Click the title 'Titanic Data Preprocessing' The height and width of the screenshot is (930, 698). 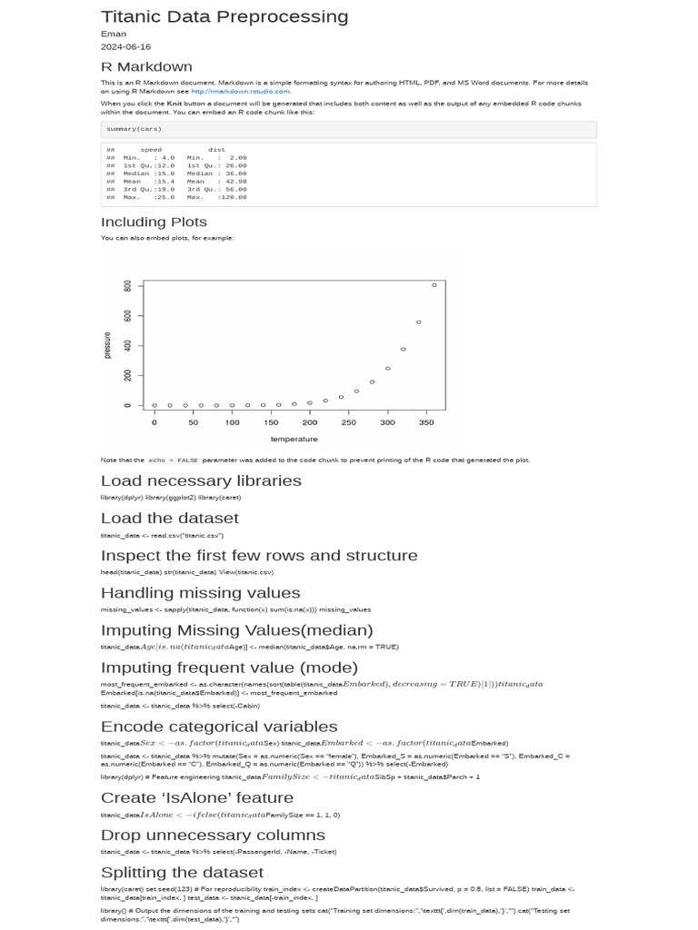(224, 16)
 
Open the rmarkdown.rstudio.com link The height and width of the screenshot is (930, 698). (241, 91)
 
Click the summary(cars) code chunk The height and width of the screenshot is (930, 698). (134, 129)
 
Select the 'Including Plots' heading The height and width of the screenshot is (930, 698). (154, 222)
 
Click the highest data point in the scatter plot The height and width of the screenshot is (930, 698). (434, 285)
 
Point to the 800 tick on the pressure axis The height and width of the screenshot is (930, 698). (128, 285)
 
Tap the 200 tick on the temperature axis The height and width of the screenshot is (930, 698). (310, 422)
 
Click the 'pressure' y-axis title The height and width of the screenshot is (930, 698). (107, 345)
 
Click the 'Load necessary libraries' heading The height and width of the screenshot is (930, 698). (201, 480)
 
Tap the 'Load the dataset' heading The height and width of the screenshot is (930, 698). (169, 518)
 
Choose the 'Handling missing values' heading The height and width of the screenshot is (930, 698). (199, 593)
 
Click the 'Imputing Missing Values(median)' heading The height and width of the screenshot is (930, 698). (236, 630)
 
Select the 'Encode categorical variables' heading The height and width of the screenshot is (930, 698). (218, 727)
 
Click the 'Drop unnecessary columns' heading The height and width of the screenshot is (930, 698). (212, 835)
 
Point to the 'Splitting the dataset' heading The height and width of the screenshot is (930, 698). (182, 872)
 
